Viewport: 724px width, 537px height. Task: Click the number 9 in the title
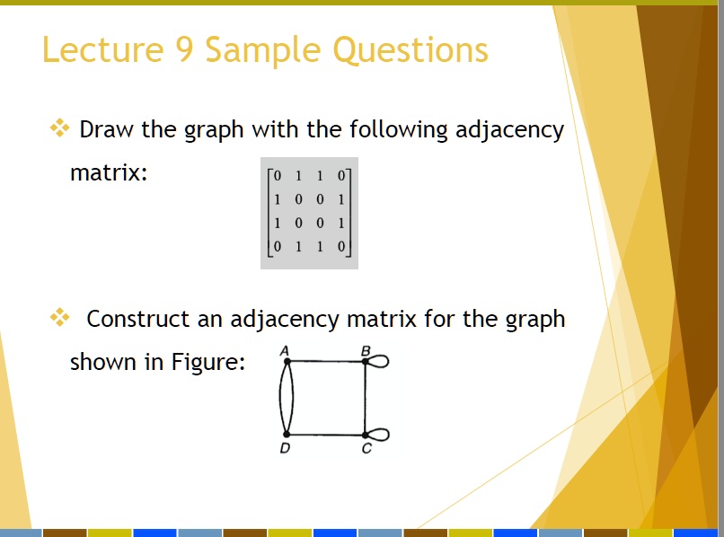pos(184,49)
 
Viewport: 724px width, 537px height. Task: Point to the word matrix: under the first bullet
pos(109,173)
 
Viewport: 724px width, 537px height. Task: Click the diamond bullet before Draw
pos(59,128)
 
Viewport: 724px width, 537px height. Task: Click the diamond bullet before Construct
pos(59,317)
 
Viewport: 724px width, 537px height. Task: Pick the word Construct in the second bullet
pos(138,319)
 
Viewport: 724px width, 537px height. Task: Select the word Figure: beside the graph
pos(207,362)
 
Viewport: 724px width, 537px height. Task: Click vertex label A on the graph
pos(285,351)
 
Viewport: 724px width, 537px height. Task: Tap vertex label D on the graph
pos(285,448)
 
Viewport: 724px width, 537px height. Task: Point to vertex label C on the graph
pos(366,448)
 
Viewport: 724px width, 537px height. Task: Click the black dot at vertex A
pos(287,362)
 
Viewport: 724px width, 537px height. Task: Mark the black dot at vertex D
pos(287,434)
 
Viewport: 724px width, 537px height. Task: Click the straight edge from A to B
pos(326,362)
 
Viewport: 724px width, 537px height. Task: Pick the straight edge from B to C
pos(365,398)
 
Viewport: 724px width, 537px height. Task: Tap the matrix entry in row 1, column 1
pos(277,175)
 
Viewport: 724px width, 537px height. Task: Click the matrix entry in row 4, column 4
pos(340,246)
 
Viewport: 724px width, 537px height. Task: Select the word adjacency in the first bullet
pos(509,129)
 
